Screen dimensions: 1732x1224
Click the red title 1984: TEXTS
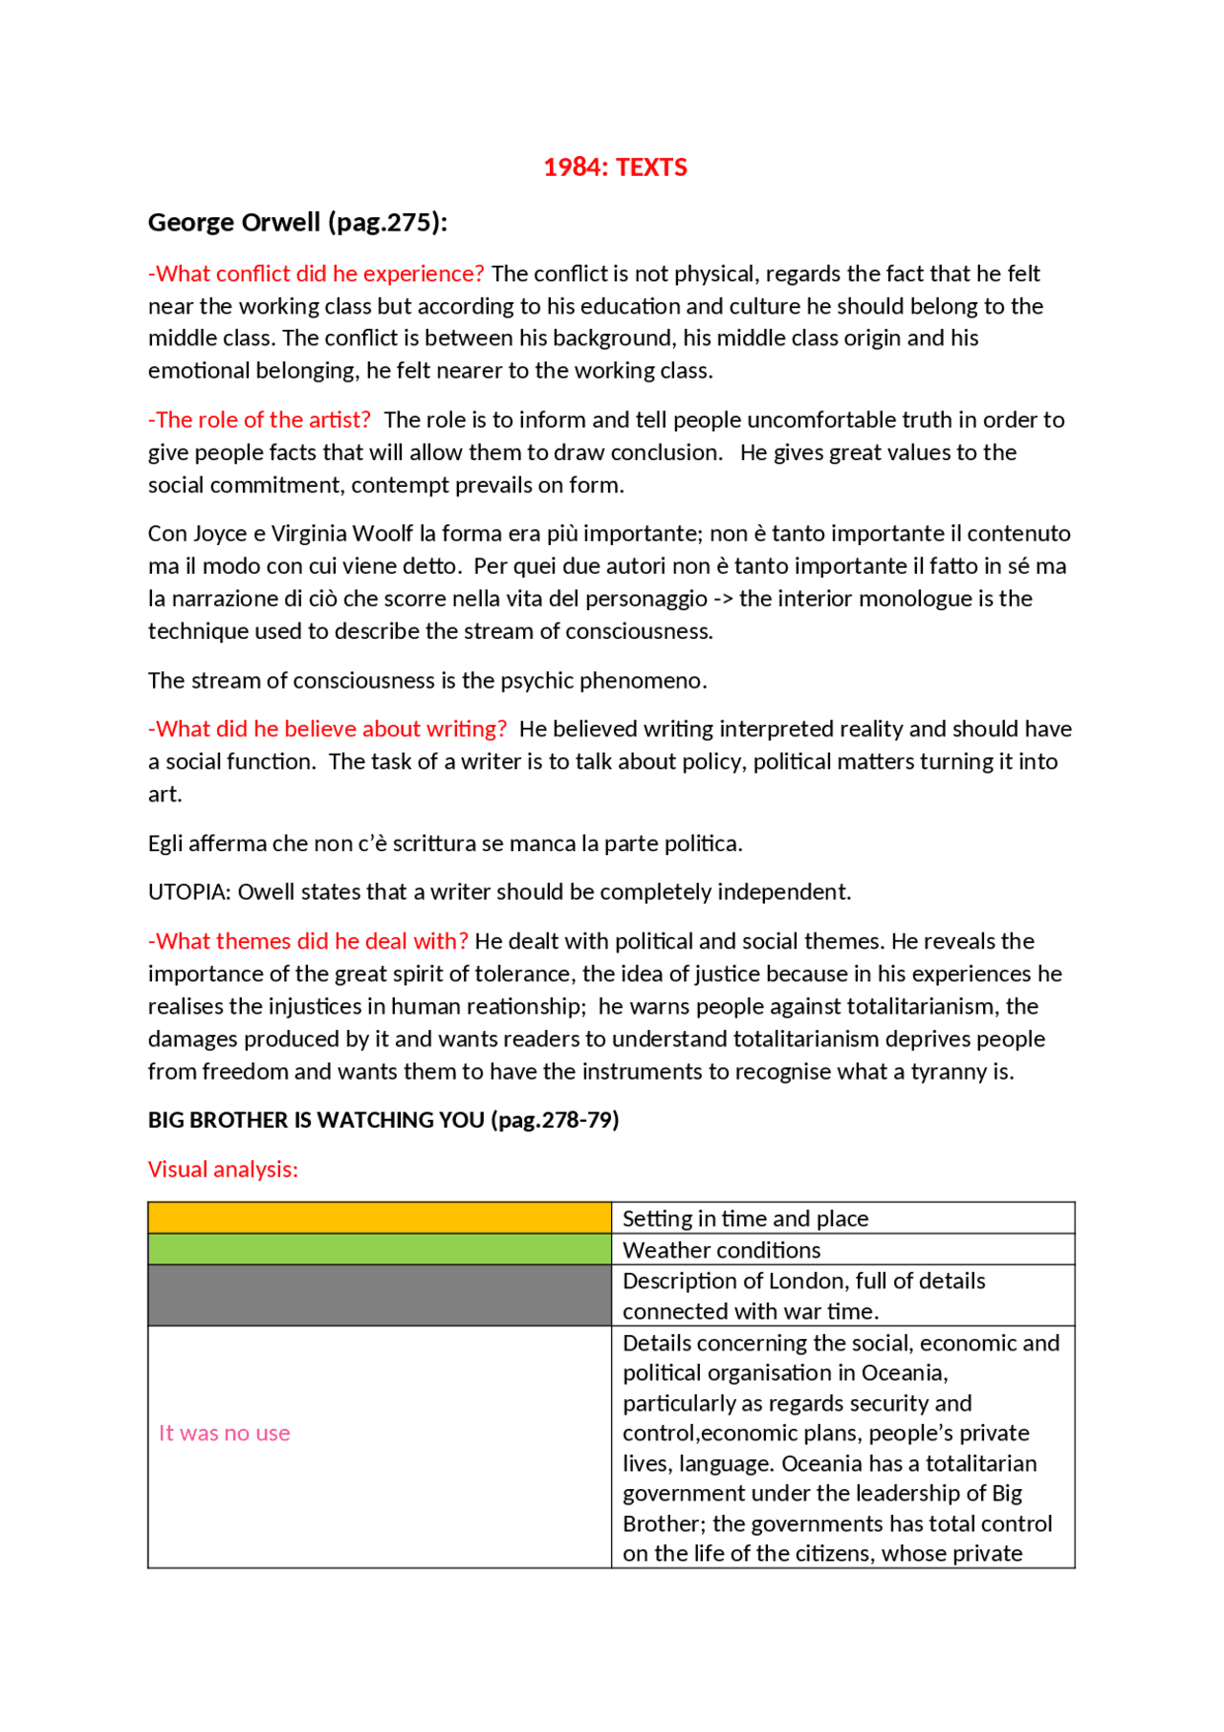(x=615, y=167)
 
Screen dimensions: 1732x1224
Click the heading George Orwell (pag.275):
(x=297, y=223)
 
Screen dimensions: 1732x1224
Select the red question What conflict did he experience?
(x=317, y=274)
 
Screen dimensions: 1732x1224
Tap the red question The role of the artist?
(x=260, y=420)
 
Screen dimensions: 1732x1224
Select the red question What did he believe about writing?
(x=328, y=729)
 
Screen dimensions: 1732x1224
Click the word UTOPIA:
(x=189, y=892)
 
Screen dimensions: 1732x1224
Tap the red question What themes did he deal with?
(x=309, y=941)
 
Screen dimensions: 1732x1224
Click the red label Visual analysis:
(x=223, y=1170)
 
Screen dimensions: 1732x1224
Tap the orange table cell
(x=379, y=1217)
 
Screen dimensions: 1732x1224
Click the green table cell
(x=379, y=1249)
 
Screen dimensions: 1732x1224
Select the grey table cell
(x=379, y=1295)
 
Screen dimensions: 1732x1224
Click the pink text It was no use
(x=225, y=1433)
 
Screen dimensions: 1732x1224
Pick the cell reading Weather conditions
(x=722, y=1250)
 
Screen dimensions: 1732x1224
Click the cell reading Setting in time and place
(x=746, y=1218)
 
